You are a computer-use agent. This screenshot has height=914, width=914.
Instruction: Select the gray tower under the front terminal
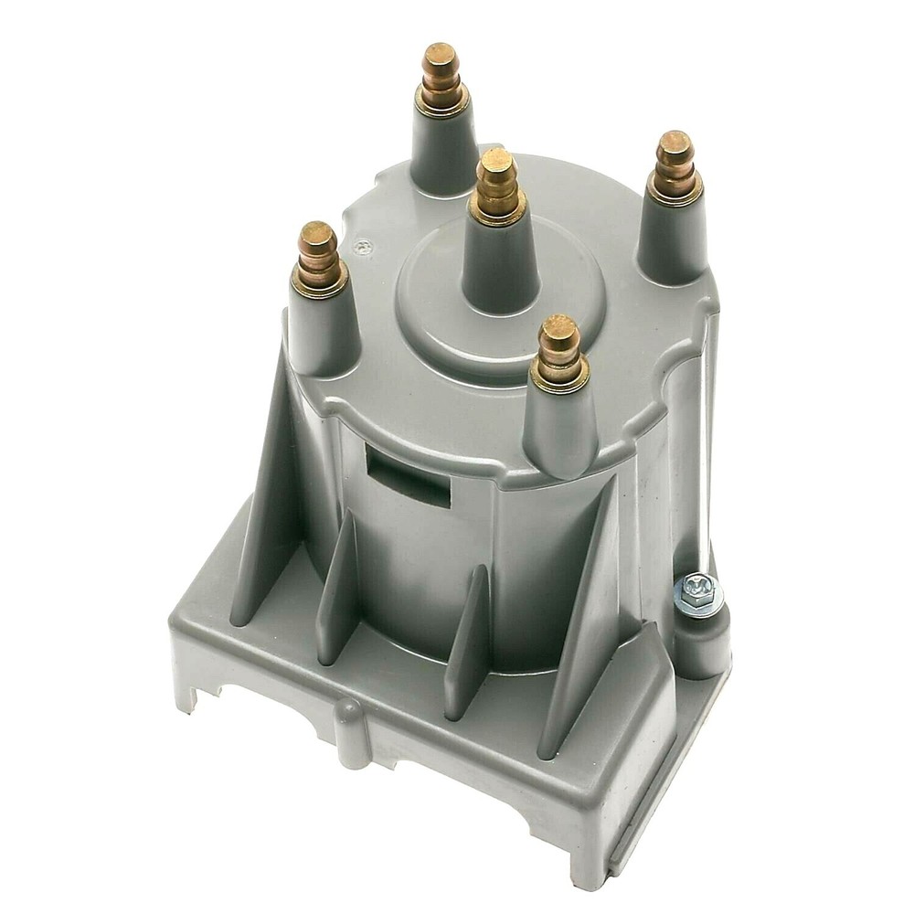click(559, 430)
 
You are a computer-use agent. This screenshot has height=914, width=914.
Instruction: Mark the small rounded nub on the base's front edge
click(348, 722)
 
